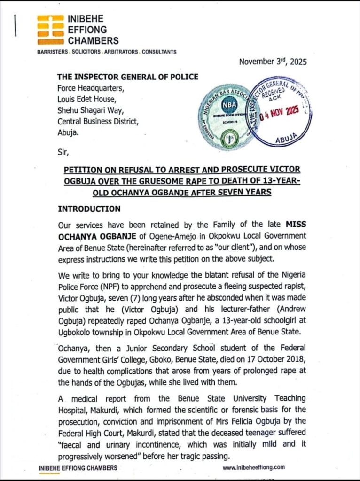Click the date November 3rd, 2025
pyautogui.click(x=272, y=62)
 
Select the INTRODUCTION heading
pyautogui.click(x=89, y=209)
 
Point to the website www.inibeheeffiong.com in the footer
pyautogui.click(x=253, y=467)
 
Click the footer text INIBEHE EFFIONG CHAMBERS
pyautogui.click(x=78, y=468)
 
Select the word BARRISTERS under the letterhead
pyautogui.click(x=53, y=52)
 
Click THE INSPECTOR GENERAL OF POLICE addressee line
pyautogui.click(x=128, y=77)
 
